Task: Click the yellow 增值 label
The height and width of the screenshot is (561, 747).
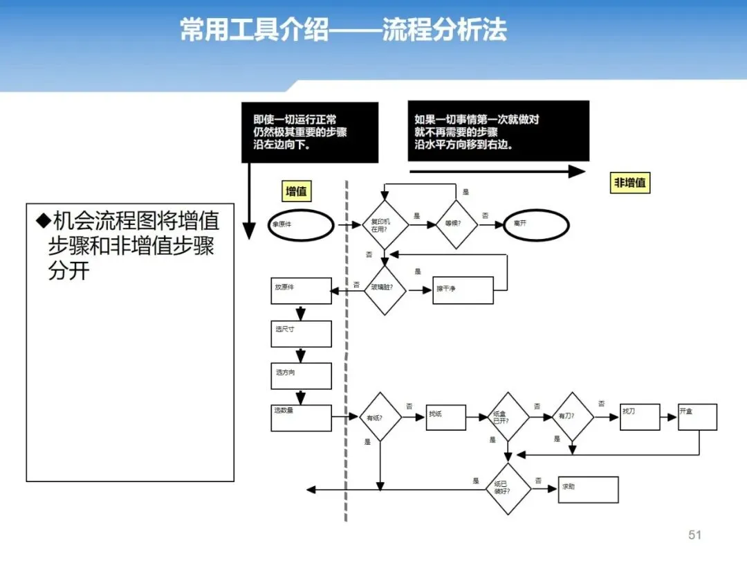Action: tap(297, 190)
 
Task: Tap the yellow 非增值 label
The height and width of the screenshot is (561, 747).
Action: tap(630, 183)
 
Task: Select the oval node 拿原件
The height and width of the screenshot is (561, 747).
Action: tap(301, 225)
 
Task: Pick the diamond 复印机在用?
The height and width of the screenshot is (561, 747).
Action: tap(385, 224)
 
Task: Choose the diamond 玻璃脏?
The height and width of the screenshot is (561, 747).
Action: tap(385, 290)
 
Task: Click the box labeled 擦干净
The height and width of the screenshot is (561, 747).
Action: tap(463, 290)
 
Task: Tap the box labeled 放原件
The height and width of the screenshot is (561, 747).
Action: tap(302, 290)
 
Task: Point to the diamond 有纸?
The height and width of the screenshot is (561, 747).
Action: tap(380, 417)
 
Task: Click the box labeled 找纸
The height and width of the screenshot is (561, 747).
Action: tap(445, 417)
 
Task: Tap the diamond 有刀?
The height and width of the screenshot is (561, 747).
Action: tap(573, 417)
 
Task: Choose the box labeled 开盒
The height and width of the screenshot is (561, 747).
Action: tap(697, 417)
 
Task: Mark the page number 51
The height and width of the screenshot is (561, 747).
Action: tap(695, 535)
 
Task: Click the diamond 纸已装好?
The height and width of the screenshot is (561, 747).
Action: tap(508, 489)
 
